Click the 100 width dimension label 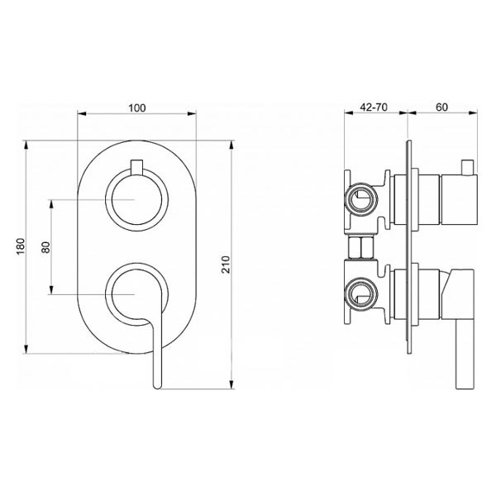[137, 108]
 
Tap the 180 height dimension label [21, 246]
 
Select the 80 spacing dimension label [45, 247]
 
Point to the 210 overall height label [226, 265]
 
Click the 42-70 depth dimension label [374, 107]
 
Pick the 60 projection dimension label [442, 107]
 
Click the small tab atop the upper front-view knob [136, 166]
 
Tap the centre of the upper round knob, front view [136, 199]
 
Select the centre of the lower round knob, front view [136, 294]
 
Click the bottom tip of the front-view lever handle [157, 387]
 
